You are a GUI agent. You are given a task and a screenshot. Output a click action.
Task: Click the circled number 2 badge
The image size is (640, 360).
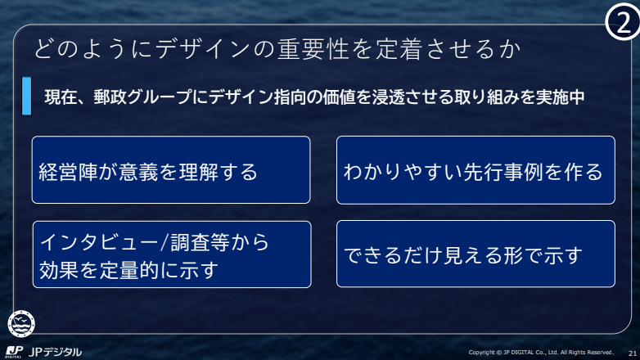point(623,21)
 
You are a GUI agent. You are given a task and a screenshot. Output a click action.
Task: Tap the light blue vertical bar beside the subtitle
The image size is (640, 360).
point(26,96)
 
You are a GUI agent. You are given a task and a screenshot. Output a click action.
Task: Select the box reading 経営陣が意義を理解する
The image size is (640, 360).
point(171,170)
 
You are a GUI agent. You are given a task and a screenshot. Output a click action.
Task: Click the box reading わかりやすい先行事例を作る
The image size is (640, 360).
point(475,170)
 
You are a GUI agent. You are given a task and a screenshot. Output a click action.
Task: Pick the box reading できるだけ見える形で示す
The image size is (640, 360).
point(475,254)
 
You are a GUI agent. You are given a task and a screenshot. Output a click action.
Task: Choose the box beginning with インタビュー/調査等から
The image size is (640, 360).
point(172,254)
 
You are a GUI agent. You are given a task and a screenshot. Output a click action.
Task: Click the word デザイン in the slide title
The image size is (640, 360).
point(202,49)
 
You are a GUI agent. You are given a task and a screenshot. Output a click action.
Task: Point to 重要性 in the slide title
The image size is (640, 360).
point(313,49)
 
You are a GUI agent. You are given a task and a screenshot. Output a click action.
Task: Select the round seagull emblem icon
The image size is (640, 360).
point(21,324)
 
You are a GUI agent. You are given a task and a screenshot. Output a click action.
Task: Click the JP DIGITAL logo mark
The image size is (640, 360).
point(14,352)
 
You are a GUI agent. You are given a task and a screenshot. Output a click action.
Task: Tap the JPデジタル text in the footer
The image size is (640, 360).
point(55,352)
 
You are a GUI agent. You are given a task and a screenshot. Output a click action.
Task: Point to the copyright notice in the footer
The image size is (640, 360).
point(541,353)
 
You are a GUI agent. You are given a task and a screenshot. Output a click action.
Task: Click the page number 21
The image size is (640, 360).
point(633,353)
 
